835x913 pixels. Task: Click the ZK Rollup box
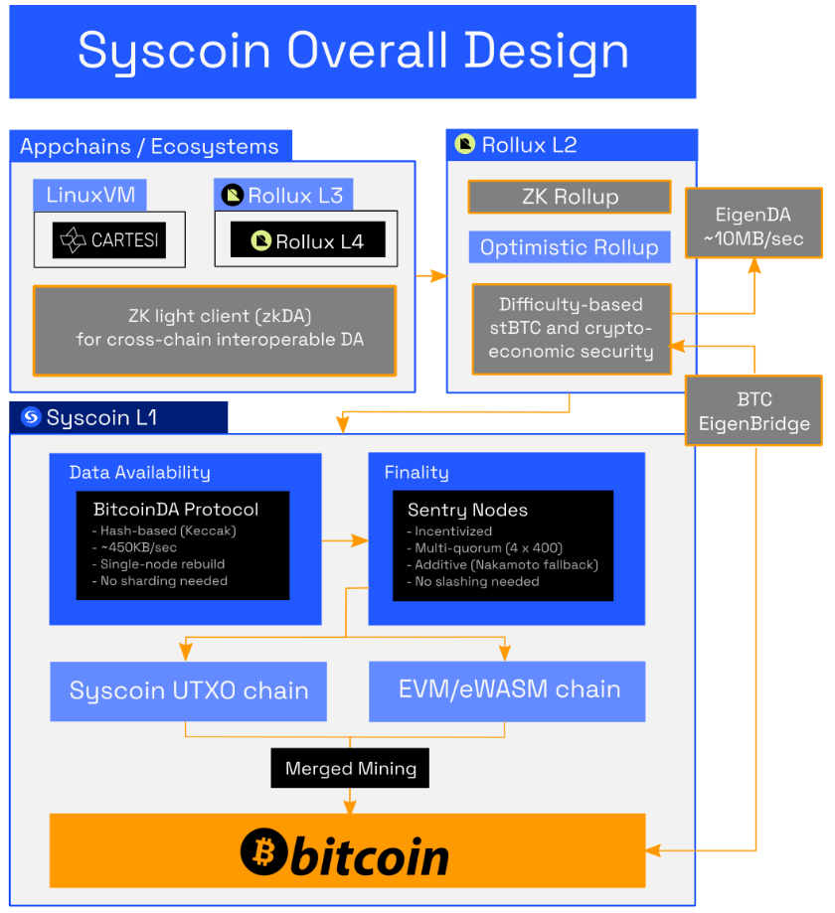pyautogui.click(x=570, y=197)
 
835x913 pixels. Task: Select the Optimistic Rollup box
pyautogui.click(x=570, y=247)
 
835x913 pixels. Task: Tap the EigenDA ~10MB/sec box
pyautogui.click(x=753, y=227)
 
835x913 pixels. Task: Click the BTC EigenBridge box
pyautogui.click(x=753, y=411)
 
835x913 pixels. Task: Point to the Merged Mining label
pyautogui.click(x=350, y=768)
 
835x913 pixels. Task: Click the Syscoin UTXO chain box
pyautogui.click(x=188, y=690)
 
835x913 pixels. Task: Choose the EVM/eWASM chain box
pyautogui.click(x=507, y=690)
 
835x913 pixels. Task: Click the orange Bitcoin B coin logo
pyautogui.click(x=263, y=852)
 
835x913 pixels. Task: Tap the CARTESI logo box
pyautogui.click(x=109, y=239)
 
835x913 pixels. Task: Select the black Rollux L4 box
pyautogui.click(x=307, y=239)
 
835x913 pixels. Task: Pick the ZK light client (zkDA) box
pyautogui.click(x=215, y=330)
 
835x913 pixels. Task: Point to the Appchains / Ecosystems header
pyautogui.click(x=150, y=147)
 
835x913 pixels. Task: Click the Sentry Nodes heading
pyautogui.click(x=467, y=510)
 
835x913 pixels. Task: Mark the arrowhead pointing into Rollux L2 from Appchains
pyautogui.click(x=440, y=276)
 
